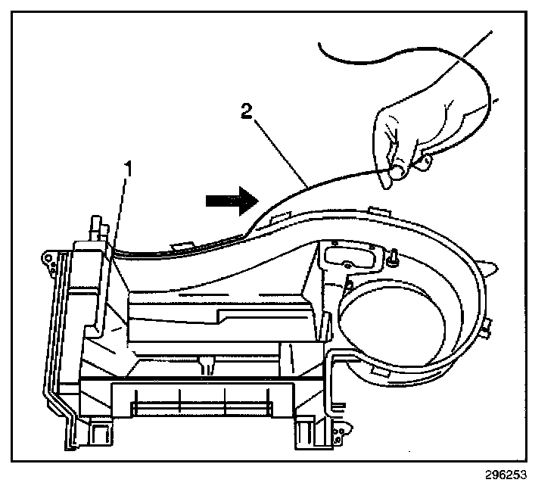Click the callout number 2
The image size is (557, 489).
coord(245,113)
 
